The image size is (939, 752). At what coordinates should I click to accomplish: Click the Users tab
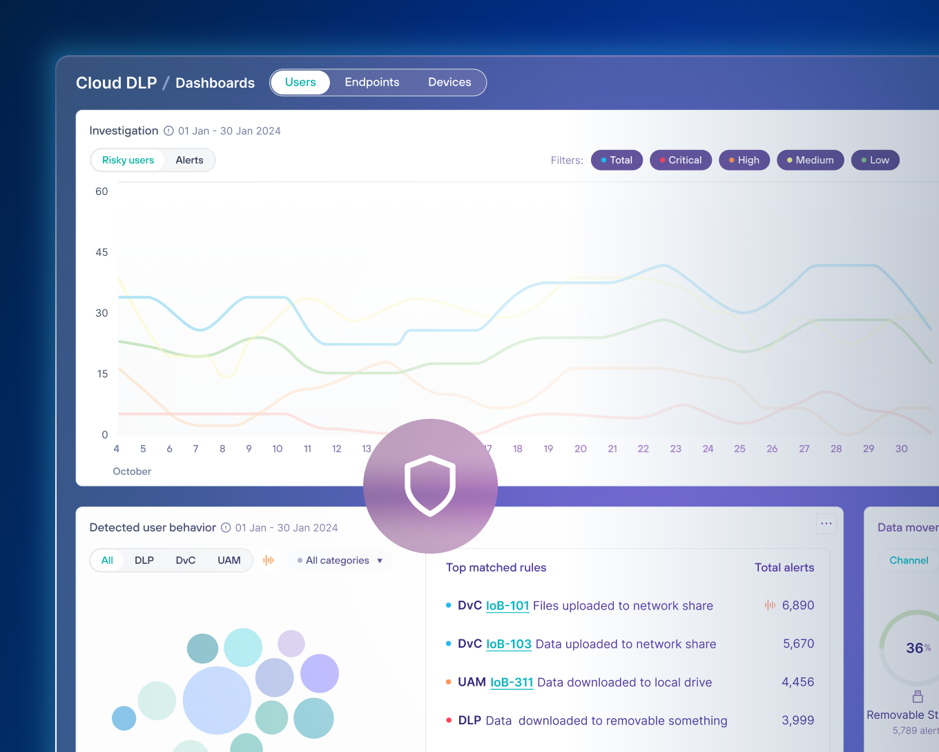tap(300, 82)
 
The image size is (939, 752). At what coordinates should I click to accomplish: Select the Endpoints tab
tap(371, 82)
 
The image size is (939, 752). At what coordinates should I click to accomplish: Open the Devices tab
tap(449, 82)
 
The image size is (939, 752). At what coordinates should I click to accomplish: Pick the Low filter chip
tap(875, 160)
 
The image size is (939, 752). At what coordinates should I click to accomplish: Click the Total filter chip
tap(617, 160)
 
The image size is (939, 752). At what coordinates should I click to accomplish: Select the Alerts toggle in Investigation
tap(189, 160)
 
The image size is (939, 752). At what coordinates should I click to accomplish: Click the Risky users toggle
tap(128, 160)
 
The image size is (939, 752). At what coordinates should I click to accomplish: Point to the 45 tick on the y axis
tap(101, 252)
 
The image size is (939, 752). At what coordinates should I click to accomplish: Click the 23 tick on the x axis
tap(675, 449)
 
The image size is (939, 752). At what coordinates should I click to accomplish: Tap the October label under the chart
tap(132, 471)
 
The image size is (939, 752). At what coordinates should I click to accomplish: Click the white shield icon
tap(430, 486)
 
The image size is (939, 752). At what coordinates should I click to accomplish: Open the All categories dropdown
tap(340, 561)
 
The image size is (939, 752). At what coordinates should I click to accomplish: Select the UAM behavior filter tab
tap(229, 561)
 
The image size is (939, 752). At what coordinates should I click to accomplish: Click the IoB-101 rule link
tap(507, 606)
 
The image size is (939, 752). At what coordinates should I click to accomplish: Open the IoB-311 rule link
tap(512, 683)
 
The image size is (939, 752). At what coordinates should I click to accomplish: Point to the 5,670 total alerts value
tap(798, 644)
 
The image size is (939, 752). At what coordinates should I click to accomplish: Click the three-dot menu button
tap(826, 524)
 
